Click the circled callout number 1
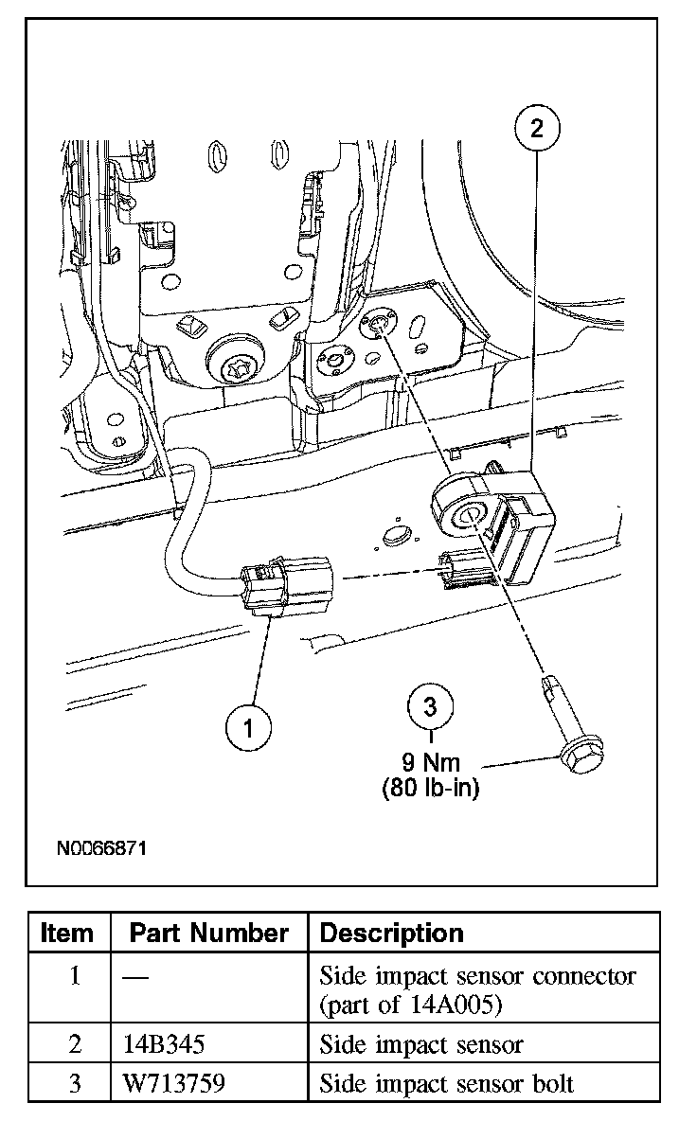coord(249,727)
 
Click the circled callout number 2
coord(537,129)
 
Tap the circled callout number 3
coord(431,706)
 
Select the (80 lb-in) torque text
coord(431,787)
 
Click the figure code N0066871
coord(99,847)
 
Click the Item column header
coord(68,934)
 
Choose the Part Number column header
coord(208,934)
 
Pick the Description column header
coord(392,934)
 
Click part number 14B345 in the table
coord(163,1046)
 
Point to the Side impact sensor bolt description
coord(447,1083)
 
